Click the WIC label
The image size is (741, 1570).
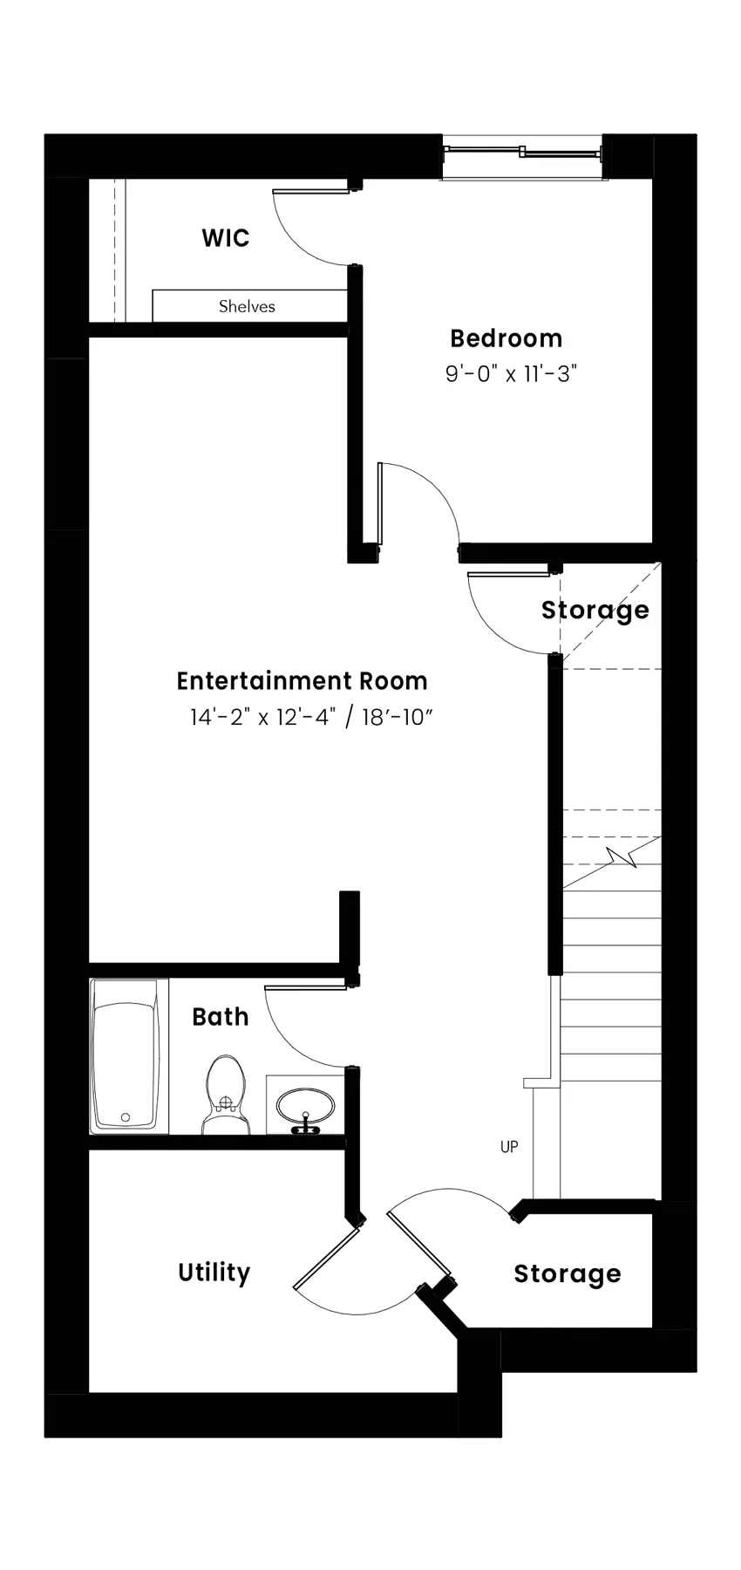226,238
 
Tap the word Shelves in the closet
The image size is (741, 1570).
247,306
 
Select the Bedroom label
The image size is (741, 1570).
506,338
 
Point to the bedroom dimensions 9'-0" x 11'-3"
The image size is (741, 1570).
512,374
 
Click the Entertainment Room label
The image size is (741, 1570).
303,680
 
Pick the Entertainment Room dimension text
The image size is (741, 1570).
312,717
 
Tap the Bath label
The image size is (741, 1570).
221,1017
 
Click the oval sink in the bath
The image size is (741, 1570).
305,1106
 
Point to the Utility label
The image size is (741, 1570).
214,1273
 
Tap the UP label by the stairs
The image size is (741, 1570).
509,1146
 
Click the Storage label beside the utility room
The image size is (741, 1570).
568,1274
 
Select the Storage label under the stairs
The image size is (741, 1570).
595,610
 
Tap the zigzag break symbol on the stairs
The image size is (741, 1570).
625,858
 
